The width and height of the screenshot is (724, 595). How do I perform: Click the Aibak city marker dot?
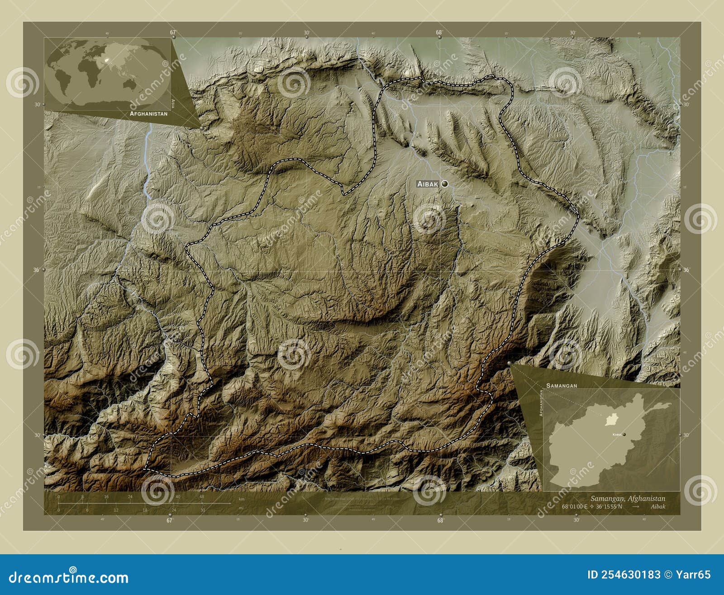tap(445, 183)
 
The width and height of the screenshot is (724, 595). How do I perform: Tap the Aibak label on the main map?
tap(428, 184)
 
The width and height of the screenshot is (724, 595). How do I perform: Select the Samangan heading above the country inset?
tap(561, 385)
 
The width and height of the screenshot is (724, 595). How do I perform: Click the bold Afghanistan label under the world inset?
tap(148, 114)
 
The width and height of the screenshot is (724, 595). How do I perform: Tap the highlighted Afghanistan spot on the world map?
tap(107, 59)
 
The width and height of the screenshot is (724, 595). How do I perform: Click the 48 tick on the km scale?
tap(201, 497)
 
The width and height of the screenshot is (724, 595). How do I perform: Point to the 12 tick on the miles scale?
tap(116, 510)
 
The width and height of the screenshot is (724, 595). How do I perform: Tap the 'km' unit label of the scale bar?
tap(242, 499)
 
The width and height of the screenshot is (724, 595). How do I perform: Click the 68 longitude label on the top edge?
tap(438, 33)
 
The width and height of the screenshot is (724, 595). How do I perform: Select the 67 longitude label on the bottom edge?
tap(170, 520)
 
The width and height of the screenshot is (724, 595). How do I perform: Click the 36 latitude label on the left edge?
tap(36, 270)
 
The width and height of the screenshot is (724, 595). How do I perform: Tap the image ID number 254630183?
tap(624, 575)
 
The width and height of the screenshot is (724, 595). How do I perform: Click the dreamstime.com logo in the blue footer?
tap(69, 577)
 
